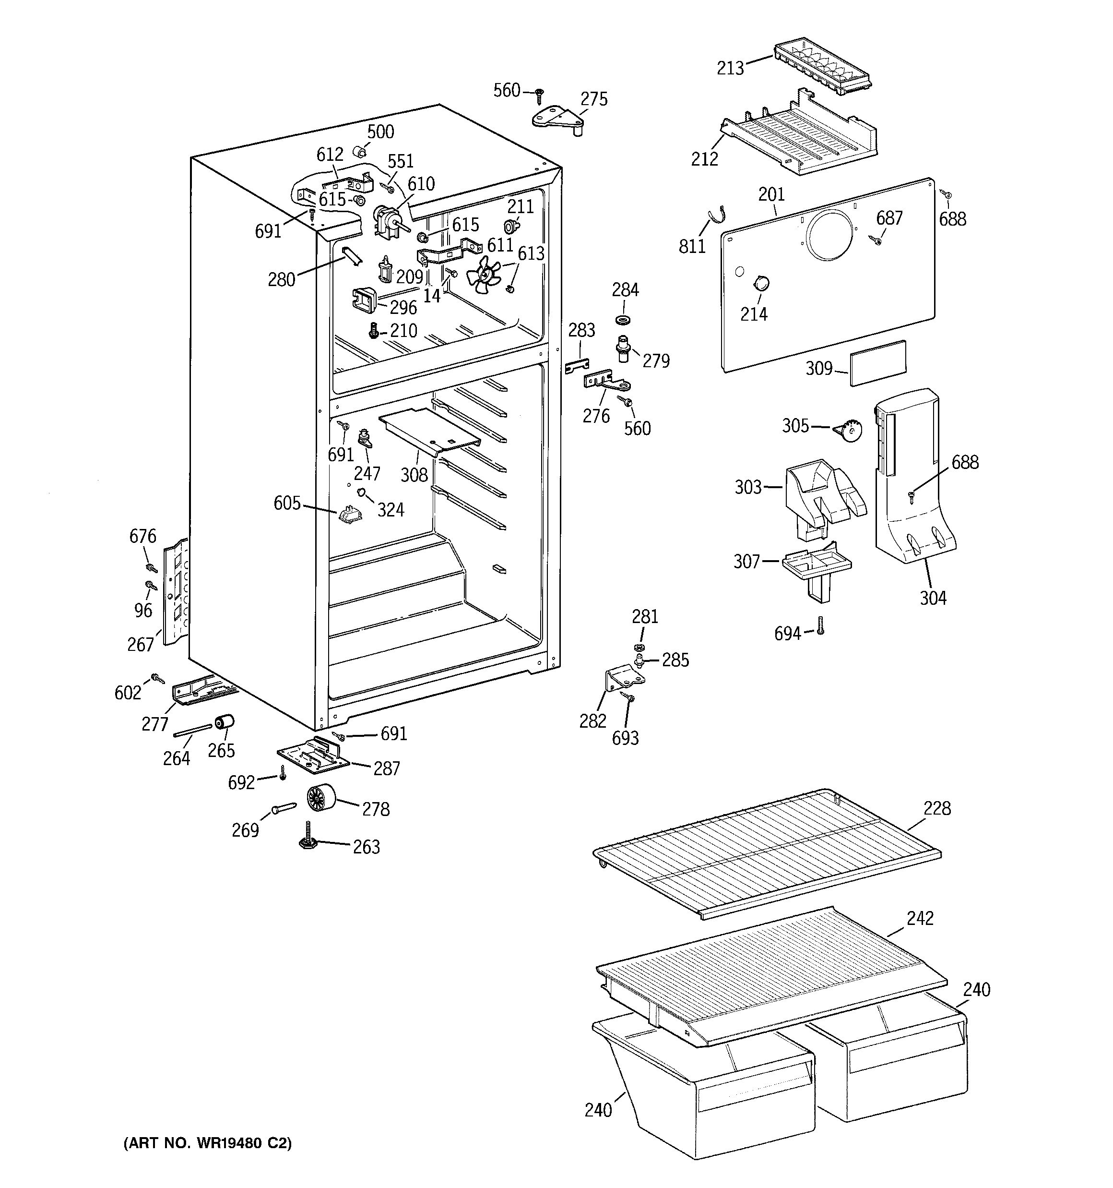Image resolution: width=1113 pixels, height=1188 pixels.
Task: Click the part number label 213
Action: coord(730,68)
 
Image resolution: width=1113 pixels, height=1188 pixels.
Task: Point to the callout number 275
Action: coord(594,99)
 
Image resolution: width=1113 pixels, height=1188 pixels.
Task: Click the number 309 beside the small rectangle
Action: coord(819,368)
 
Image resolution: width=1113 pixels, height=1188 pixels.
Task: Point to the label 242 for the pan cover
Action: coord(920,919)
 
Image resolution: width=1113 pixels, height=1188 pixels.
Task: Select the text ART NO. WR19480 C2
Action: coord(207,1143)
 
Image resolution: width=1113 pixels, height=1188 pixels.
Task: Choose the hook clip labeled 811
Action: coord(716,215)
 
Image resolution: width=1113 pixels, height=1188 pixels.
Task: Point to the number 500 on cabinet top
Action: coord(380,132)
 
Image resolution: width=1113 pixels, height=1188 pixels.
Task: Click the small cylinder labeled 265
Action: coord(225,722)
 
